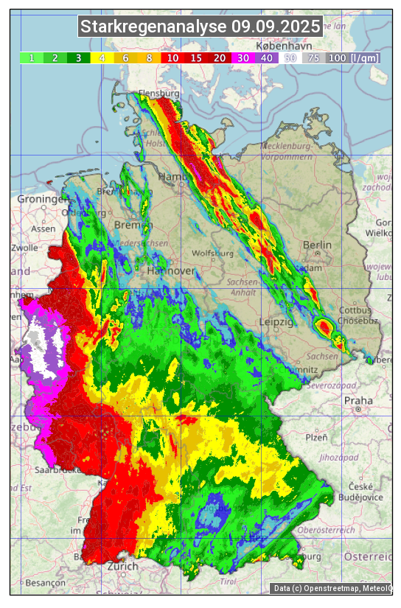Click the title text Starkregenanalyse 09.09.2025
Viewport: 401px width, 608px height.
tap(200, 27)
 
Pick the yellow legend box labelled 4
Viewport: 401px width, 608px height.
tap(102, 57)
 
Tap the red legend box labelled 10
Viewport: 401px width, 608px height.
tap(172, 57)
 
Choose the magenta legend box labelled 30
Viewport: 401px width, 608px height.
tap(243, 57)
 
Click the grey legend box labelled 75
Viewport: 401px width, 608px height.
tap(314, 57)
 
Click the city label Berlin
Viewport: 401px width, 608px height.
tap(317, 245)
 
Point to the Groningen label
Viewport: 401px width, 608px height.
tap(43, 199)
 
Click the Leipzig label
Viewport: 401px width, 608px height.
tap(276, 322)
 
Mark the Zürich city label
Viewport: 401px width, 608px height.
tap(122, 566)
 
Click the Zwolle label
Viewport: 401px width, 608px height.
tap(24, 248)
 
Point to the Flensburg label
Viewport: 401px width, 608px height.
tap(158, 94)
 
